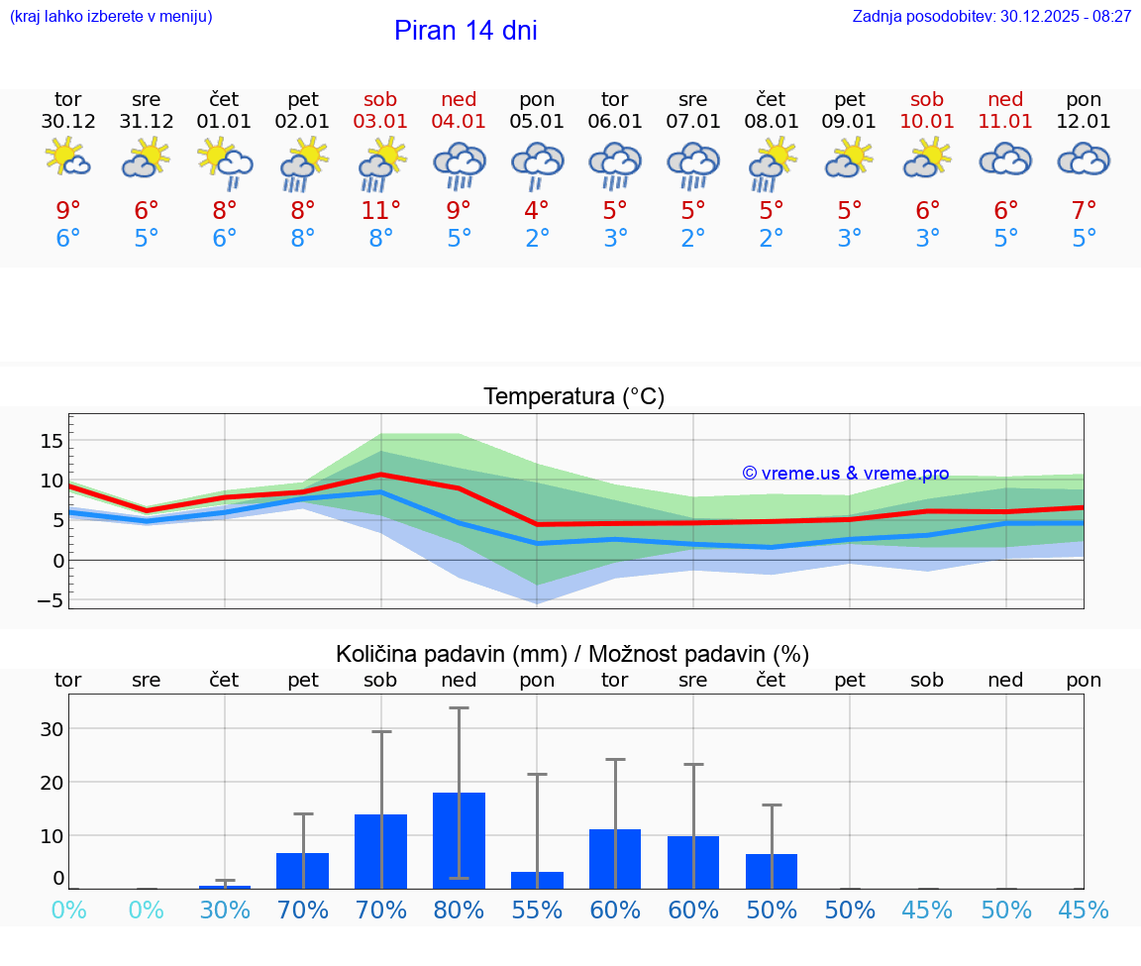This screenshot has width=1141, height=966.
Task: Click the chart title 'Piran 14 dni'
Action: point(466,31)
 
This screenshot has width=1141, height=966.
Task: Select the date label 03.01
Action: point(380,122)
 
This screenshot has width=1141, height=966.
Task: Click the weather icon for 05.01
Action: point(537,163)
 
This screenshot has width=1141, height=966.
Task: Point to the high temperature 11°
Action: point(380,210)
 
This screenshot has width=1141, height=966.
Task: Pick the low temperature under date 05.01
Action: point(537,239)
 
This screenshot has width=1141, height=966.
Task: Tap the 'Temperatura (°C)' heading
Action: point(573,397)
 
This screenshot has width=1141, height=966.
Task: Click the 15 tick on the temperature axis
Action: point(52,440)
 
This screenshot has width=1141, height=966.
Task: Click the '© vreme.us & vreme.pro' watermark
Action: point(845,474)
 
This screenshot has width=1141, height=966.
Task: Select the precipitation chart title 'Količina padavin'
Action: point(571,654)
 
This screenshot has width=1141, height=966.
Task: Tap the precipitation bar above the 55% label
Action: point(537,880)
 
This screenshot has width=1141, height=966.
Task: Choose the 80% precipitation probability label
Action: point(459,910)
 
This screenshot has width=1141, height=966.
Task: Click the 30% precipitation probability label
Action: point(225,910)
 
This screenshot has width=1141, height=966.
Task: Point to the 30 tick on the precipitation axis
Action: point(52,728)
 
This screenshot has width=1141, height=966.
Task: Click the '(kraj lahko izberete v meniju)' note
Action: point(111,16)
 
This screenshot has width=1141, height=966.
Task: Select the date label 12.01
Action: point(1084,122)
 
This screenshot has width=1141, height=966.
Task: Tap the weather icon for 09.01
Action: point(849,159)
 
